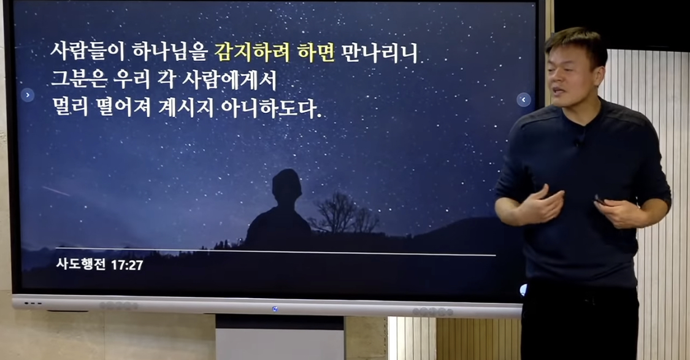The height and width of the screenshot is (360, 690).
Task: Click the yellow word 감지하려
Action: click(252, 52)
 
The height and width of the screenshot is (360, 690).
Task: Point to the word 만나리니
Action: click(379, 52)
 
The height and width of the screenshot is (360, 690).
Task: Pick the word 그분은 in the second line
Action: click(79, 80)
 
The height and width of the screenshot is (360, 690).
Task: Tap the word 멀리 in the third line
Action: click(71, 107)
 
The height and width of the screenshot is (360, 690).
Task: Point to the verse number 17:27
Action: click(127, 265)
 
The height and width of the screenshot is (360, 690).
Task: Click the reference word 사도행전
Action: click(81, 264)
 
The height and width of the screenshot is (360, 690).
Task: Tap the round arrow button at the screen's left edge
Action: click(27, 94)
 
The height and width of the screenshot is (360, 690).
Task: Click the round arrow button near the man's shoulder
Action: click(523, 99)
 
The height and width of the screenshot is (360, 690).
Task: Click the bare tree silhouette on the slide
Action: click(344, 213)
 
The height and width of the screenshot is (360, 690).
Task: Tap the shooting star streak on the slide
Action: click(56, 191)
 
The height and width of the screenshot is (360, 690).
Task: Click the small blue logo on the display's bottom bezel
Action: click(275, 309)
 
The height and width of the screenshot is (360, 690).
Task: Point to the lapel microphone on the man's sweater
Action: click(577, 142)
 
